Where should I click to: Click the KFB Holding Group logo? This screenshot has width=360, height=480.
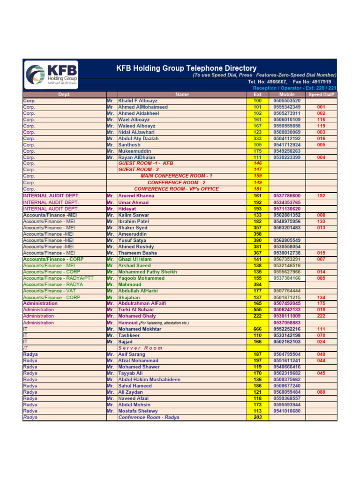click(x=52, y=75)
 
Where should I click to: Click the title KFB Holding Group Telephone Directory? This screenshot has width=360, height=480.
click(x=186, y=68)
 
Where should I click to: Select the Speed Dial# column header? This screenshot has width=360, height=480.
click(x=321, y=94)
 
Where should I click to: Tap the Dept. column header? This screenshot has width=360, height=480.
click(x=64, y=94)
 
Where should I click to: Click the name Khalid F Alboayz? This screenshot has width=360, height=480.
click(x=138, y=101)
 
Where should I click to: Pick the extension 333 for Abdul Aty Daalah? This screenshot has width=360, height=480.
click(x=257, y=139)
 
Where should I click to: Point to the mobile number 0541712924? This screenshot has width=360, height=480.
click(x=287, y=145)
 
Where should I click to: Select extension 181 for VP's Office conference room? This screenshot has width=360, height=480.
click(x=257, y=189)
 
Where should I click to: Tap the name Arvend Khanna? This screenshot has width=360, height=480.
click(x=136, y=196)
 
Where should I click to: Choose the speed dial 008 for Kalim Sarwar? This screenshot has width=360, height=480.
click(x=321, y=215)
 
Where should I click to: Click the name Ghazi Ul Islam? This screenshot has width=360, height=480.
click(x=135, y=259)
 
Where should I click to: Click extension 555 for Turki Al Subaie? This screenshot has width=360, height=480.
click(x=257, y=310)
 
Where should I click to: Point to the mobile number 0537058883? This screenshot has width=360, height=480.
click(x=287, y=322)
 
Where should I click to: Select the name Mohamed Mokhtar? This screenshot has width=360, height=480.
click(x=140, y=329)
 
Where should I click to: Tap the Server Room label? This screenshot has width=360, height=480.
click(x=140, y=348)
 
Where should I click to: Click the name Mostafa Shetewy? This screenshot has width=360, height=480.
click(x=138, y=411)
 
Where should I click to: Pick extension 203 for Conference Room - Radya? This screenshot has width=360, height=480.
click(x=257, y=417)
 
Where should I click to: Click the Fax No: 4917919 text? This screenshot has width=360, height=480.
click(x=312, y=82)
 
